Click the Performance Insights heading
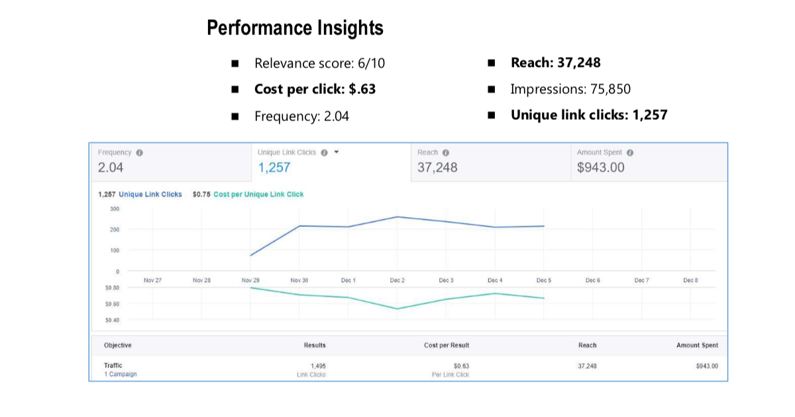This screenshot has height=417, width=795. [x=295, y=28]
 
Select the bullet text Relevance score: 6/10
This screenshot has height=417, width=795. [x=319, y=64]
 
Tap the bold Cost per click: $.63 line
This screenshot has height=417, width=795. [x=315, y=89]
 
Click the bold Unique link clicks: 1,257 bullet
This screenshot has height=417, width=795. [x=588, y=115]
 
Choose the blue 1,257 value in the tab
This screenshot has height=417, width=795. [x=274, y=167]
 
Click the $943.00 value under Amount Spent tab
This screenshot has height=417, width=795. [x=601, y=167]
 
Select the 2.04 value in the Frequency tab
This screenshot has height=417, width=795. [x=111, y=167]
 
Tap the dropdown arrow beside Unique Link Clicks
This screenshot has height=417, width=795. [x=337, y=152]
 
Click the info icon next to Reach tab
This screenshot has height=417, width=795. [x=446, y=153]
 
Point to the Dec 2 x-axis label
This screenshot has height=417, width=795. [x=397, y=281]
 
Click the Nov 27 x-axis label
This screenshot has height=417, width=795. [x=152, y=281]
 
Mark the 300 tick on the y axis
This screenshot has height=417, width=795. [x=115, y=209]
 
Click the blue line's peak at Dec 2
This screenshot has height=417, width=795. [x=397, y=216]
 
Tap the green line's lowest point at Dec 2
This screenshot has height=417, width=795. [x=397, y=308]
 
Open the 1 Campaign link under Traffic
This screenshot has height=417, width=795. [x=120, y=375]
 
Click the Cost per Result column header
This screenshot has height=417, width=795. [x=447, y=346]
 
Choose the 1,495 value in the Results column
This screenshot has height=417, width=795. [x=318, y=366]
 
